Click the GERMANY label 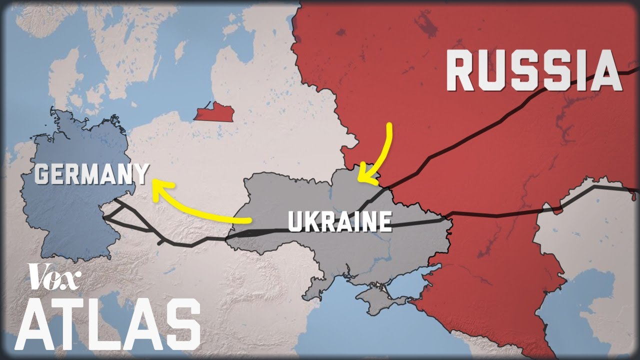[92, 174]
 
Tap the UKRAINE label [339, 221]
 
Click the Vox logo [54, 276]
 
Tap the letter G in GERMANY [42, 175]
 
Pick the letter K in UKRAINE [311, 221]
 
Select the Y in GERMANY [141, 174]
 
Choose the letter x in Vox [72, 278]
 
